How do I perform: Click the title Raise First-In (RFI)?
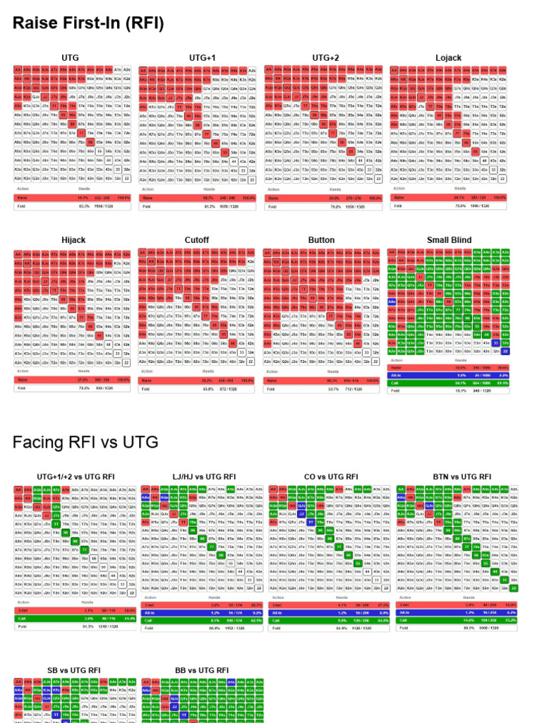point(88,24)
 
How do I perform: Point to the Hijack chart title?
point(73,240)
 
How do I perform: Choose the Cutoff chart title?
point(197,240)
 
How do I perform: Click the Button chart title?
point(321,240)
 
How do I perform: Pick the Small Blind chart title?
point(449,240)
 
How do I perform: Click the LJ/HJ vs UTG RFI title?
point(197,477)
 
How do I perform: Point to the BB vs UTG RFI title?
point(202,670)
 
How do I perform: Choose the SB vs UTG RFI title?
point(73,670)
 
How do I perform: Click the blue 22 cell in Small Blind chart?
point(505,351)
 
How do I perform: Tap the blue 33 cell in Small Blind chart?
point(496,342)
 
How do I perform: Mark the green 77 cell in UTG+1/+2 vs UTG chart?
point(84,548)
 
